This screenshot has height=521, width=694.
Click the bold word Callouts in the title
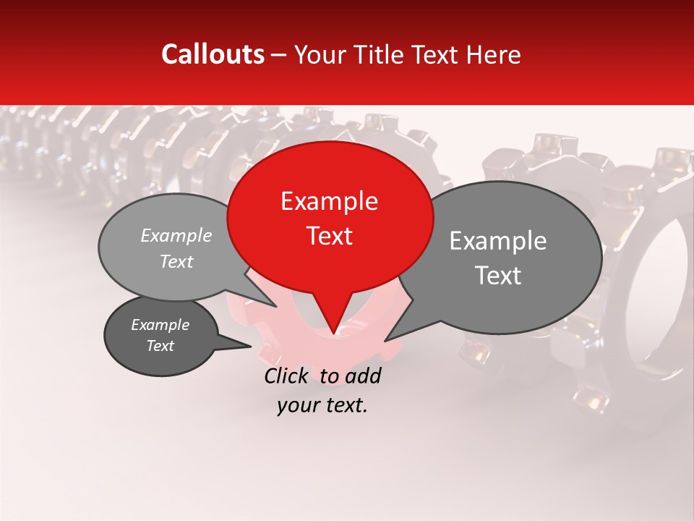point(213,54)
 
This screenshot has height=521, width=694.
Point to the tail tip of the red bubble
point(333,332)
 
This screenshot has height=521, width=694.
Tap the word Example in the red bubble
point(329,201)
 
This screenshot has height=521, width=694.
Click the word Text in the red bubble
point(330,236)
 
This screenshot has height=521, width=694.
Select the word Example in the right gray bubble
point(498,241)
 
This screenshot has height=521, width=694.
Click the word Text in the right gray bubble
point(498,276)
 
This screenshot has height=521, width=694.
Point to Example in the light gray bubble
point(176,235)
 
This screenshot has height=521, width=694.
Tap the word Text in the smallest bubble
point(160,346)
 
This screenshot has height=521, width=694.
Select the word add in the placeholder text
point(362,376)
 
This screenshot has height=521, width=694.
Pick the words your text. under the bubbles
point(322,405)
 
